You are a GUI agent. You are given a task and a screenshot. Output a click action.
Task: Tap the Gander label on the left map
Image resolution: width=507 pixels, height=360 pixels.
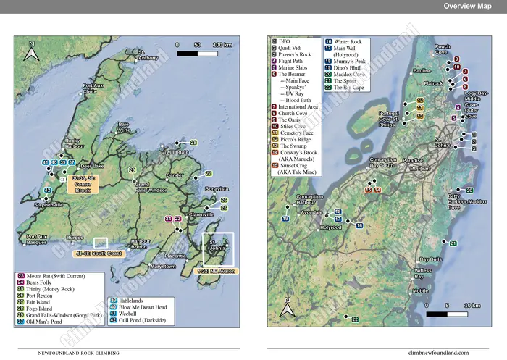click(175, 175)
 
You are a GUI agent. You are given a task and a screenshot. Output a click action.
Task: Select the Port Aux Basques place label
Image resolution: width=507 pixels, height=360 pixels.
click(37, 240)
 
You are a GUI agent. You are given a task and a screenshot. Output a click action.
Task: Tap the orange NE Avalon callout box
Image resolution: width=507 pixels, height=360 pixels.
click(216, 270)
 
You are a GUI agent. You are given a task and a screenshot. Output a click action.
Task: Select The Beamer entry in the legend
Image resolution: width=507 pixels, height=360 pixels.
click(291, 75)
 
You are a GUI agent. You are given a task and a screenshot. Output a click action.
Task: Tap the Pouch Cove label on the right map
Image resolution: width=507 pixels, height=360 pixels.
click(442, 50)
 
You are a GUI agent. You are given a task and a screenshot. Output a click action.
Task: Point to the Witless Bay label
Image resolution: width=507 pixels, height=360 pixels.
click(423, 273)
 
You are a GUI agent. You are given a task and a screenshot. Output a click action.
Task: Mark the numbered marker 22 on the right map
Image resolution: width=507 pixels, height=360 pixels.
click(355, 319)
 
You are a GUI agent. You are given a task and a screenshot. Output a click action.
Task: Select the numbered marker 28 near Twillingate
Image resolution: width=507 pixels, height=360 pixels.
click(193, 143)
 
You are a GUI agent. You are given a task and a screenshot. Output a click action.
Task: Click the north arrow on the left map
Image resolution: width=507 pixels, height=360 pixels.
click(30, 53)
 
